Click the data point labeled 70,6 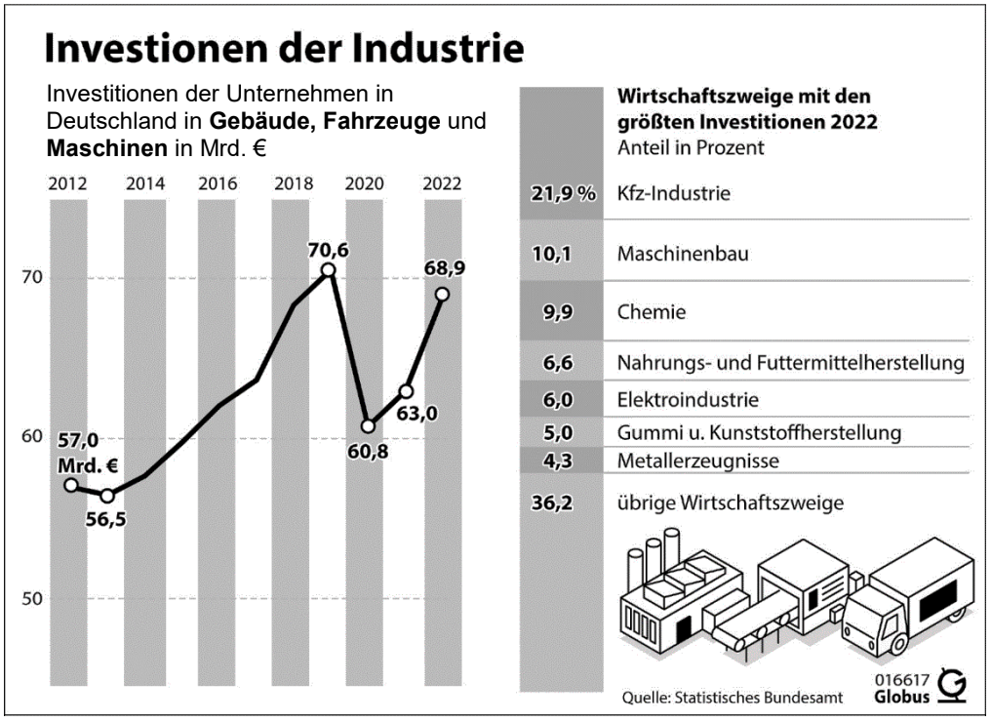[x=328, y=269]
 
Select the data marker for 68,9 [x=442, y=294]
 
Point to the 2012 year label [x=64, y=183]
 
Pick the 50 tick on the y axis [x=30, y=598]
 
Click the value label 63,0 [x=417, y=414]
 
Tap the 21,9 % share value [x=563, y=193]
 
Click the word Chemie [x=652, y=313]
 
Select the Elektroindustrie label [x=688, y=399]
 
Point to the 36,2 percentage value [x=558, y=503]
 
